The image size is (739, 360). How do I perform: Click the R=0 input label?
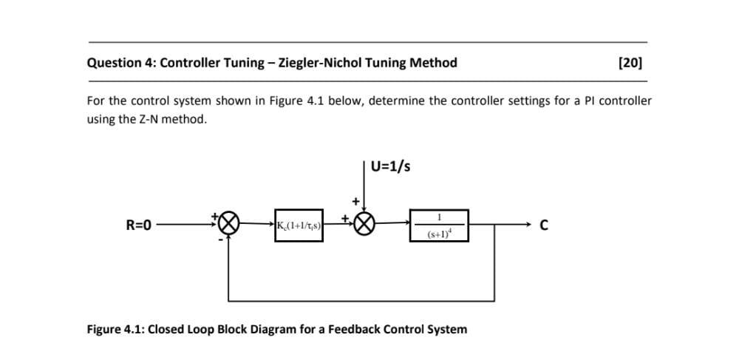(x=137, y=225)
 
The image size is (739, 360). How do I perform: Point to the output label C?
(x=544, y=225)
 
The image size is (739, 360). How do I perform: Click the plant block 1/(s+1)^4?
(x=440, y=225)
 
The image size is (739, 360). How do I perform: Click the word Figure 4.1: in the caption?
(x=115, y=329)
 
